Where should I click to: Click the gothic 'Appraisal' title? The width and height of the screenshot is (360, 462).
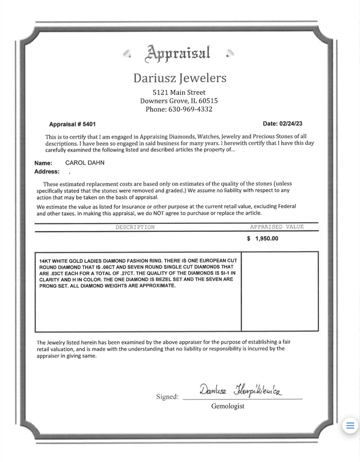[x=177, y=54]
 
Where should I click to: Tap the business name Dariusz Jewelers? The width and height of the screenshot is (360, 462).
[x=180, y=78]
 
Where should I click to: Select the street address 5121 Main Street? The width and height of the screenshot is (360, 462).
[x=179, y=92]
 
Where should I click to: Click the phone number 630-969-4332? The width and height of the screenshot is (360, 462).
[x=190, y=109]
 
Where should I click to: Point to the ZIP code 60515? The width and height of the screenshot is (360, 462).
[x=208, y=101]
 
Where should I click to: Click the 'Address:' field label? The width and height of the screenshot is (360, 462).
[x=47, y=171]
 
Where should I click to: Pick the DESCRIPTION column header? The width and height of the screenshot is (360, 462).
[x=135, y=227]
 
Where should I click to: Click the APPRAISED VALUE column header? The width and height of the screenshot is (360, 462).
[x=277, y=226]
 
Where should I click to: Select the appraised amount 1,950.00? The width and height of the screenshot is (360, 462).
[x=267, y=239]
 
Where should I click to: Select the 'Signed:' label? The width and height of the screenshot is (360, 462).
[x=167, y=397]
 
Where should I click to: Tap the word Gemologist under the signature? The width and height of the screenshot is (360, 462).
[x=228, y=406]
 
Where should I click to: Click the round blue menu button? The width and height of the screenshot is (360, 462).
[x=350, y=425]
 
